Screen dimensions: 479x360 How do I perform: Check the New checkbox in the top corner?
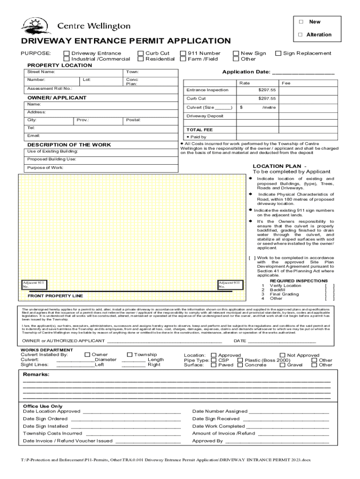tap(301, 22)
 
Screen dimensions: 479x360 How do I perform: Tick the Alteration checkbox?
tap(301, 35)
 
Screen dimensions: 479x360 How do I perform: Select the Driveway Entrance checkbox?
tap(66, 53)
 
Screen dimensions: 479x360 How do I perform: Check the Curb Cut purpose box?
tap(140, 53)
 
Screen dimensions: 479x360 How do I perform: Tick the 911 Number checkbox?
tap(183, 53)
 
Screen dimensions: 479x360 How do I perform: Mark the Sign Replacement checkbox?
tap(279, 53)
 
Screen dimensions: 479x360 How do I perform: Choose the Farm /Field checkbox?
tap(183, 59)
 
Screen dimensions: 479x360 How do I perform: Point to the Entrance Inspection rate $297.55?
tap(267, 90)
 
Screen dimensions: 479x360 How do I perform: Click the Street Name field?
tap(75, 72)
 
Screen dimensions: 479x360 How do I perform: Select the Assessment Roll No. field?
tap(101, 88)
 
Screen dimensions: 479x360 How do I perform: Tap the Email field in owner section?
tap(101, 136)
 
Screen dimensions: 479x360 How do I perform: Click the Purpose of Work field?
tap(101, 167)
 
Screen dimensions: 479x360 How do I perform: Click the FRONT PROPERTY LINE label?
tap(55, 296)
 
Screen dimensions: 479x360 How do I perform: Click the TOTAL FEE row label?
tap(200, 130)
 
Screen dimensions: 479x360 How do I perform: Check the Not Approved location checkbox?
tap(282, 356)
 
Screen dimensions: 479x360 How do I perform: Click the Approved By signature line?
tap(277, 441)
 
